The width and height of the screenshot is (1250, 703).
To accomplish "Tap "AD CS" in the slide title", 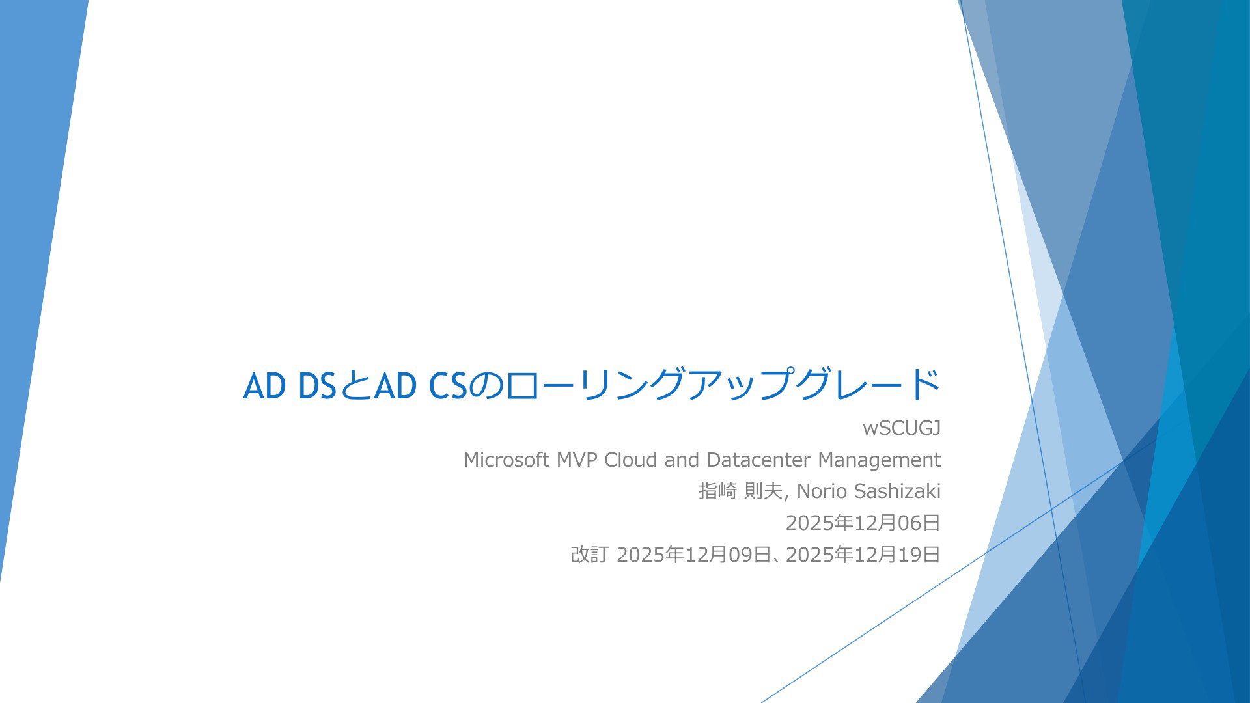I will (421, 386).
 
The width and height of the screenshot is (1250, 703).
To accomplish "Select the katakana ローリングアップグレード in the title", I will (723, 385).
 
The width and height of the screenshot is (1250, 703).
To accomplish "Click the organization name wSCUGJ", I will (901, 428).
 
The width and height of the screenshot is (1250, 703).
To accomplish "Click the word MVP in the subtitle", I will (577, 460).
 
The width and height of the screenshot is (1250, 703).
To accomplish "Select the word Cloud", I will (630, 460).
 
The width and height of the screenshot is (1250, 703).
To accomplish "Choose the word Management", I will (879, 460).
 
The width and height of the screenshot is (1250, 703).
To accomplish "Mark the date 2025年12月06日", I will (863, 523).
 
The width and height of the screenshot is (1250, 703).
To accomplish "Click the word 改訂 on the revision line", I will (589, 555).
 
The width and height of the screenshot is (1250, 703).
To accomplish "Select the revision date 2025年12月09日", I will (693, 555).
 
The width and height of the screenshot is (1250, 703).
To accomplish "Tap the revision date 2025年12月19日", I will (863, 555).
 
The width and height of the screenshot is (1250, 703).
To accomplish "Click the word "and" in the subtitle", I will (681, 460).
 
